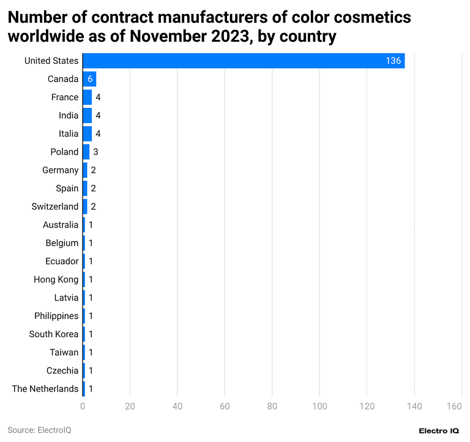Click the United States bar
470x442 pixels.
click(x=244, y=61)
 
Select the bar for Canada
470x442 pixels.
click(x=89, y=79)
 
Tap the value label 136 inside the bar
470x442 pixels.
click(x=393, y=61)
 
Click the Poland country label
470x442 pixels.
click(x=64, y=152)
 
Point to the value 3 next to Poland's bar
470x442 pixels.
click(x=95, y=152)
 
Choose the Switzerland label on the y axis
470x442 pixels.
click(x=55, y=207)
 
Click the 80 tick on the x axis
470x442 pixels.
click(x=272, y=406)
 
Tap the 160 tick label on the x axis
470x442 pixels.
click(x=454, y=406)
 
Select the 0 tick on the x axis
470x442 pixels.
click(x=83, y=406)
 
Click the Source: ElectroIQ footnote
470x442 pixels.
click(x=39, y=430)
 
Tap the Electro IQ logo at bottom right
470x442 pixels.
click(x=438, y=431)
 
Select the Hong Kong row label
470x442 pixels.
click(x=56, y=280)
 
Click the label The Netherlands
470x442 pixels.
click(x=45, y=389)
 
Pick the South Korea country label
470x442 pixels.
click(x=54, y=334)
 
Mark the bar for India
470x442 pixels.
click(x=87, y=115)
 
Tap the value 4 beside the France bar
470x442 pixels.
click(x=98, y=97)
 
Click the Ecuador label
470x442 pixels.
click(x=62, y=261)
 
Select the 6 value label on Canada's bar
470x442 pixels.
click(x=90, y=79)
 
